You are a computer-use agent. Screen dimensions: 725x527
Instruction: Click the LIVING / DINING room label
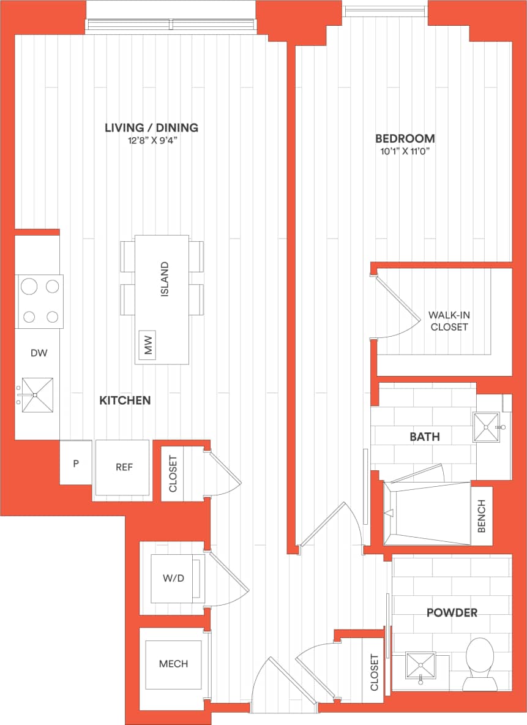click(x=151, y=128)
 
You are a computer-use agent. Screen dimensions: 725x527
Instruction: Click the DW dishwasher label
click(x=39, y=353)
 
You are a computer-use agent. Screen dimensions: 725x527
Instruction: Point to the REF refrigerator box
click(x=124, y=467)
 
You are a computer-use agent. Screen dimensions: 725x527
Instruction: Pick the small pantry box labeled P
click(x=76, y=464)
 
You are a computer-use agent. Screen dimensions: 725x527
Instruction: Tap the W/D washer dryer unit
click(x=174, y=578)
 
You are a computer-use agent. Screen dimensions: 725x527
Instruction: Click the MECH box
click(x=173, y=664)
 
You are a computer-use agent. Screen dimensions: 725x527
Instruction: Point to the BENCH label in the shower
click(x=481, y=516)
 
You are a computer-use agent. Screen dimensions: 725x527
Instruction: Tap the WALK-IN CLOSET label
click(x=449, y=321)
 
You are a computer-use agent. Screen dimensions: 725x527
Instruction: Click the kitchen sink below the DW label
click(x=37, y=395)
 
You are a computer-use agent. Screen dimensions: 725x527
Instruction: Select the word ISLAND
click(x=164, y=280)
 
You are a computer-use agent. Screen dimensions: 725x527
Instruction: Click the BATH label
click(x=425, y=437)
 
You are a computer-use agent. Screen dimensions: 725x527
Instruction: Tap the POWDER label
click(x=452, y=612)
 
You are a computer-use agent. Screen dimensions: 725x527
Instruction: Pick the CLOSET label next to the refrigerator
click(x=173, y=473)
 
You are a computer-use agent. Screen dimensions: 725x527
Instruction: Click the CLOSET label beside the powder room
click(x=375, y=672)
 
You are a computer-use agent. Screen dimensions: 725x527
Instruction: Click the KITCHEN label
click(x=125, y=400)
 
